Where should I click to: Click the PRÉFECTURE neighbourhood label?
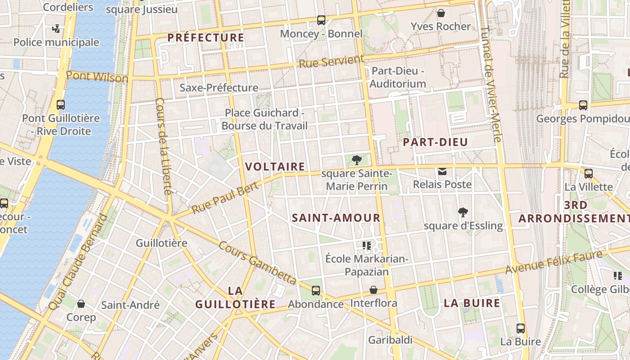click(206, 37)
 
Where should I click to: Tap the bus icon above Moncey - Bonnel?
click(321, 20)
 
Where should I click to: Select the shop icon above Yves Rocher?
click(441, 13)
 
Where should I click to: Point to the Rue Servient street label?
click(331, 62)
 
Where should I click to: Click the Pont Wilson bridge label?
click(97, 76)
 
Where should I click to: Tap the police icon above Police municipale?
click(56, 29)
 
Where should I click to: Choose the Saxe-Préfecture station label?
click(219, 87)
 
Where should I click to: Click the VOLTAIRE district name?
click(275, 166)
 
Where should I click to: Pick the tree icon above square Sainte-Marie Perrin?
click(356, 160)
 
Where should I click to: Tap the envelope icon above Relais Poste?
click(442, 171)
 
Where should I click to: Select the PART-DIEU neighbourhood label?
click(435, 142)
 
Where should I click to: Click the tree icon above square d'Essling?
click(463, 212)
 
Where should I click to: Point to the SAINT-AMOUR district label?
click(336, 218)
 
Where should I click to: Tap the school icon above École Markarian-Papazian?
click(366, 246)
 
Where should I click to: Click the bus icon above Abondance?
click(316, 291)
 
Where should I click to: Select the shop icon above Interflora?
click(373, 290)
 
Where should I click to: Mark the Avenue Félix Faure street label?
click(553, 262)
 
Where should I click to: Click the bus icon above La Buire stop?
click(521, 328)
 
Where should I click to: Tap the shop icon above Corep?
click(81, 304)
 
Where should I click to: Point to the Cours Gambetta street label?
click(257, 263)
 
